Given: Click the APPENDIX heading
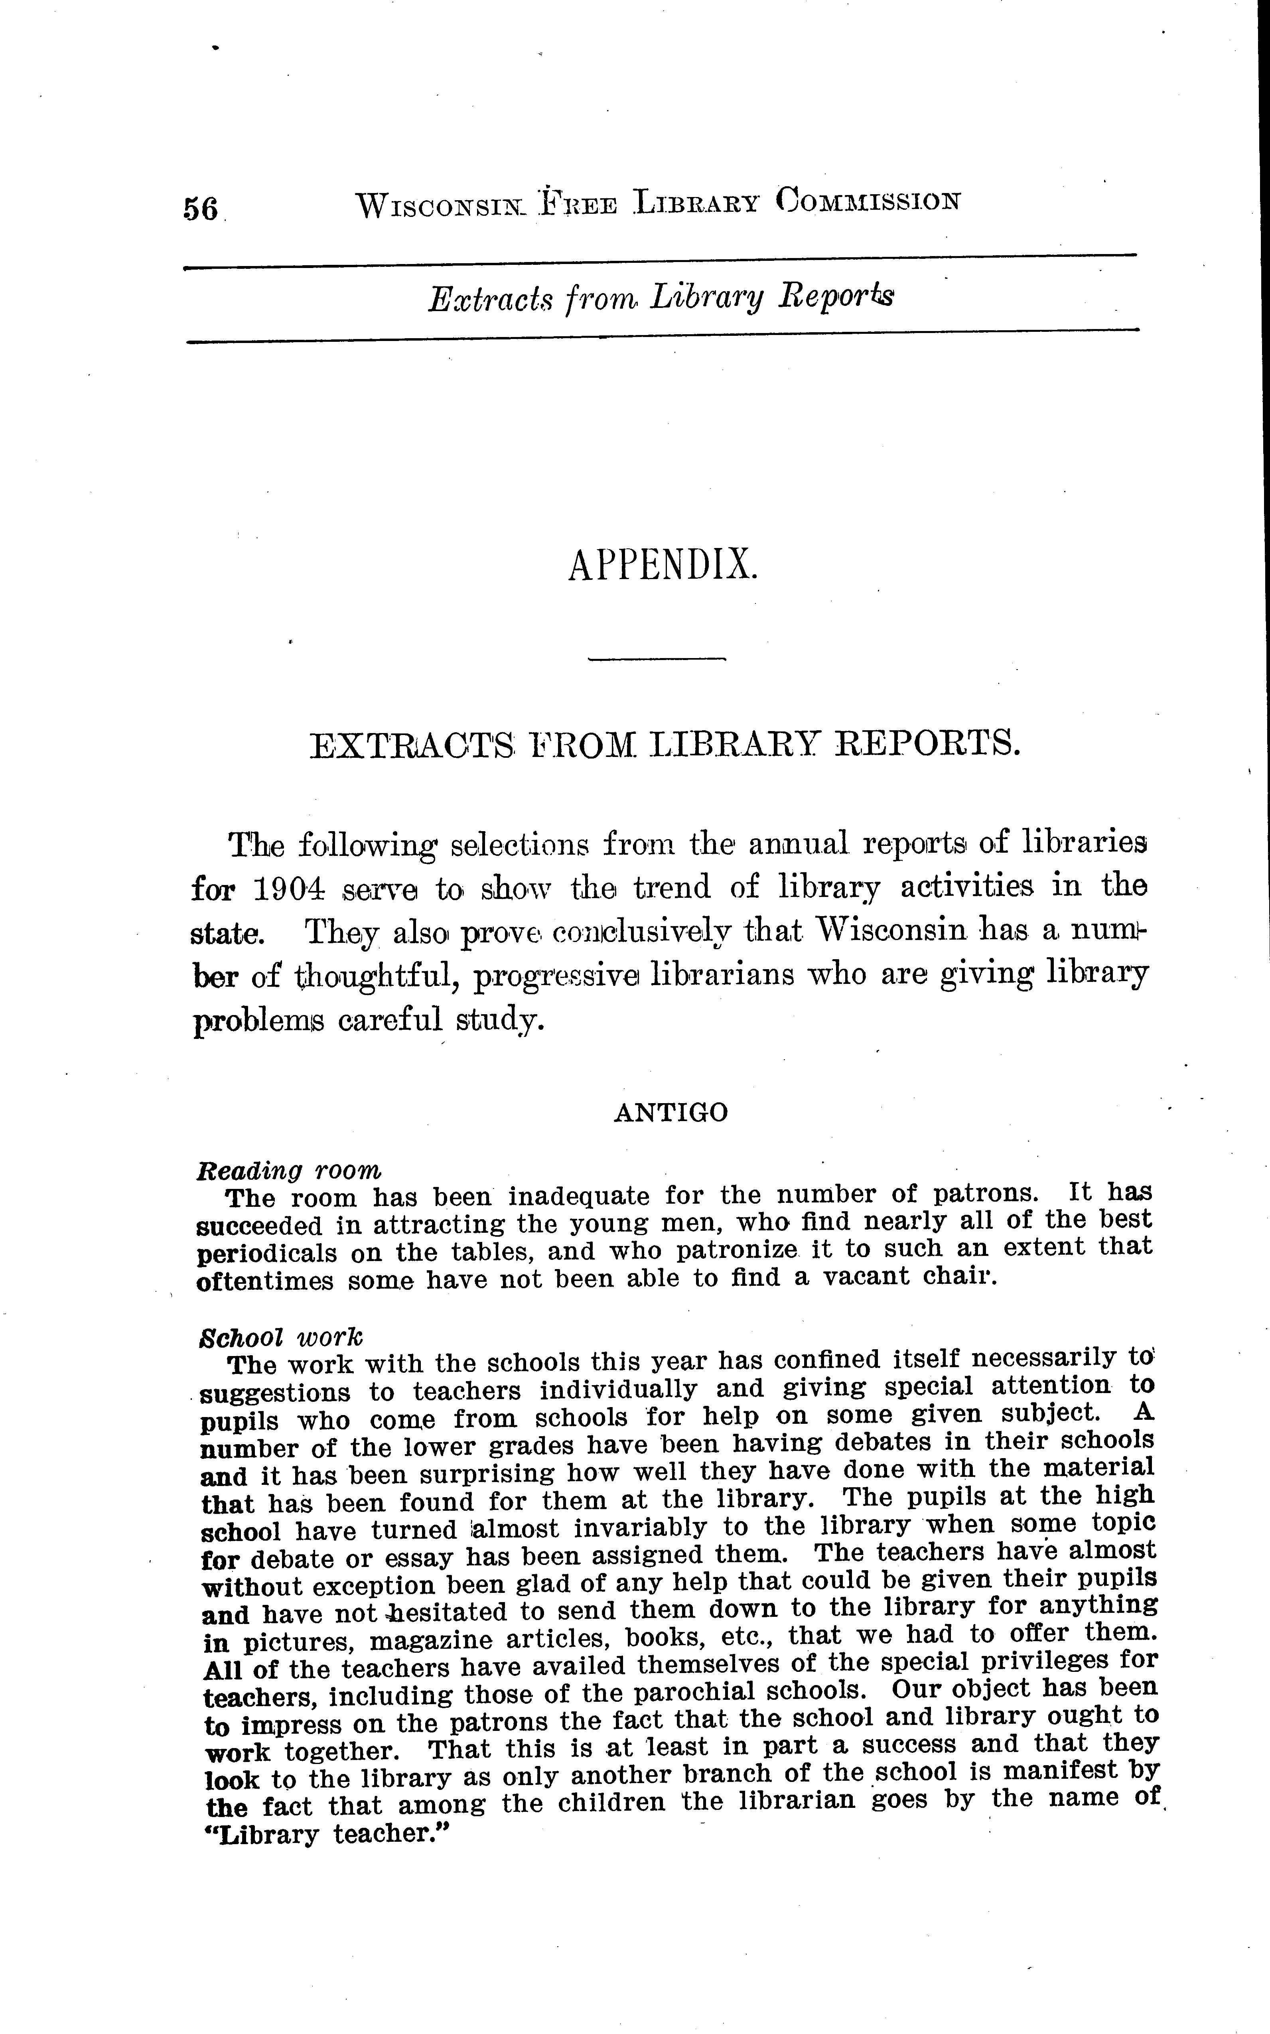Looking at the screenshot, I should coord(663,565).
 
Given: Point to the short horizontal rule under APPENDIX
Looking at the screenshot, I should coord(656,659).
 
